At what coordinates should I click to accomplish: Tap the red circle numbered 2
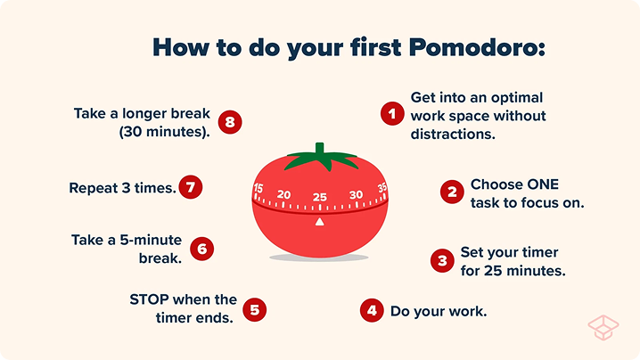tap(452, 191)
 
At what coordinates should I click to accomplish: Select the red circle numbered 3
tap(441, 260)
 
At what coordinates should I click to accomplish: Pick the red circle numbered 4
tap(372, 310)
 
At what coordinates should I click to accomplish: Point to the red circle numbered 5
tap(255, 309)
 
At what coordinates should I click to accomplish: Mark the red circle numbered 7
tap(190, 187)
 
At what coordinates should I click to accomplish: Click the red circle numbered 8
tap(229, 122)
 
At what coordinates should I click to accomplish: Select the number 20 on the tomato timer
tap(284, 195)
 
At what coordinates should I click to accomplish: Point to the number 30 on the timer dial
tap(356, 195)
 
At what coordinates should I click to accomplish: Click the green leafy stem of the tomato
tap(319, 158)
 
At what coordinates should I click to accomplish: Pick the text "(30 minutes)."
tap(165, 131)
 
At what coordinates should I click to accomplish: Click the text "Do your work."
tap(439, 311)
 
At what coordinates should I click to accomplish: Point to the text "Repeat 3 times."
tap(122, 188)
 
